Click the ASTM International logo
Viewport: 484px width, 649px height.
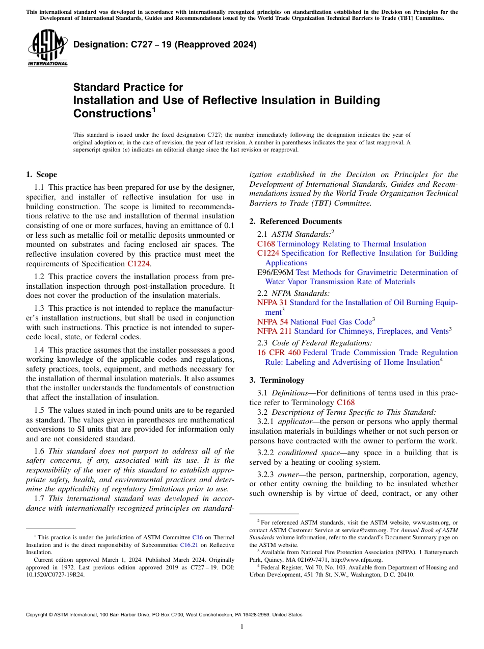(47, 48)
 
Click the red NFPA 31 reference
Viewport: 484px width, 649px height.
(272, 303)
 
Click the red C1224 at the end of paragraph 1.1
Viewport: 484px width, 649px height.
(139, 264)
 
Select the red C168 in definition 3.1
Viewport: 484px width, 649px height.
(345, 403)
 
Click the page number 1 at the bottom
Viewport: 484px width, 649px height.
(242, 627)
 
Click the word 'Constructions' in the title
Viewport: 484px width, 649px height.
(111, 113)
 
